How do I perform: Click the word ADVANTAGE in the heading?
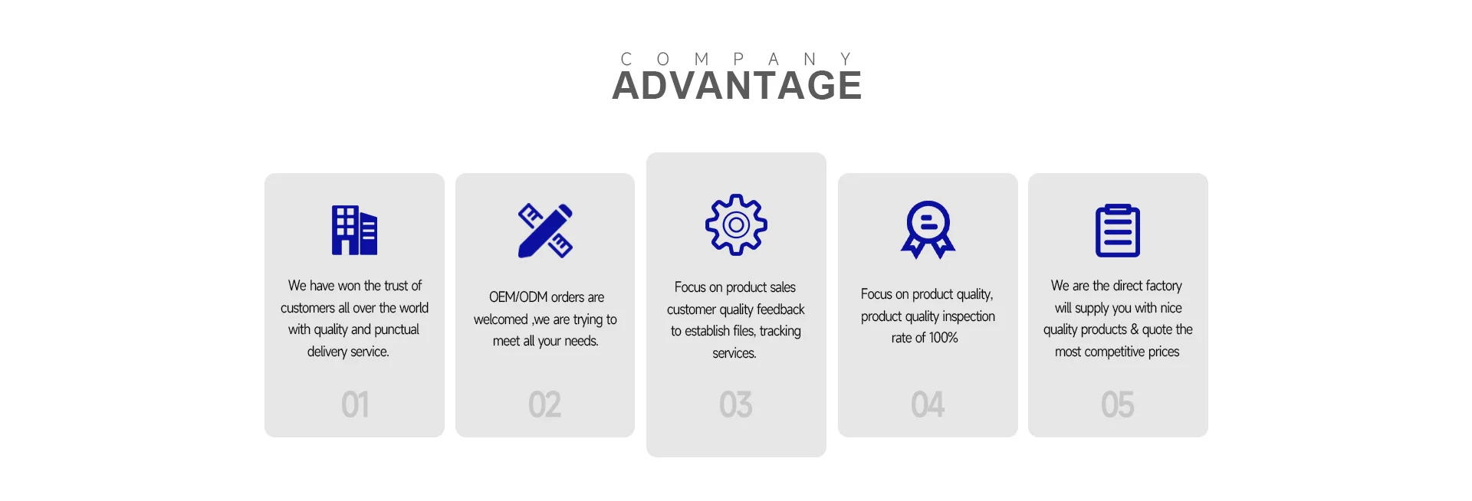point(737,85)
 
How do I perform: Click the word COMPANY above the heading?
point(736,59)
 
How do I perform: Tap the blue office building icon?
point(354,230)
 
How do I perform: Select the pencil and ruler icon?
point(545,230)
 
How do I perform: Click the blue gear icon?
point(736,224)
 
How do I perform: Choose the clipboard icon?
point(1118,230)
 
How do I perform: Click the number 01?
point(355,404)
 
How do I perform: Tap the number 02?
point(544,404)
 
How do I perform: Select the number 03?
point(736,404)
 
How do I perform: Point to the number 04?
point(928,404)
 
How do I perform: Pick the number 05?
point(1118,404)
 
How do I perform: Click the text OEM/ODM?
point(518,297)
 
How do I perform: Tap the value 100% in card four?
point(944,338)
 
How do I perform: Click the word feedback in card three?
point(780,309)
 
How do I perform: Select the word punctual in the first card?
point(396,329)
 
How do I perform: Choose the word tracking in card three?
point(780,331)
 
